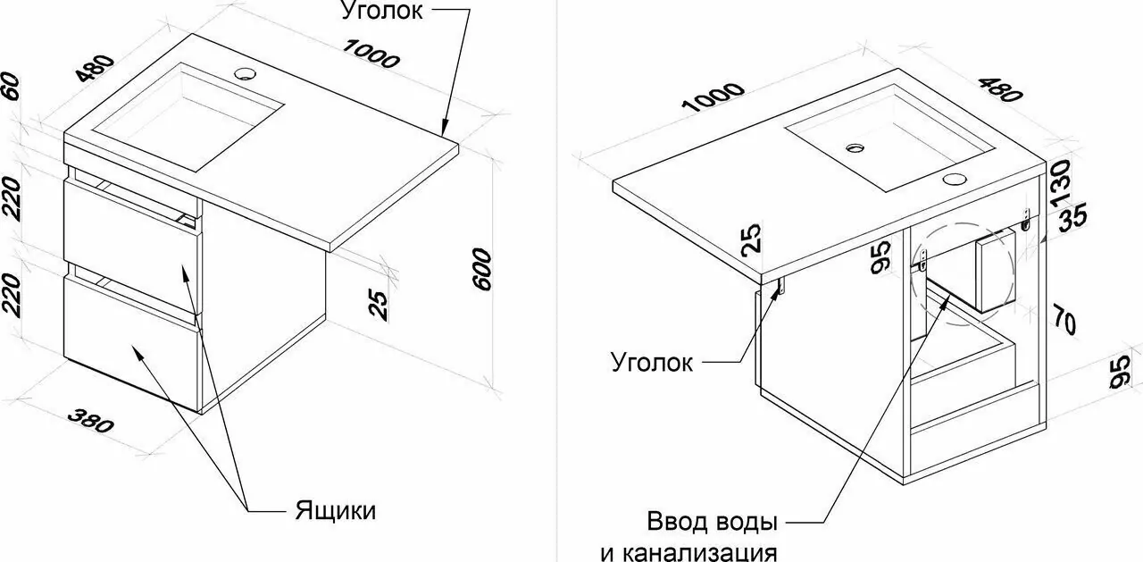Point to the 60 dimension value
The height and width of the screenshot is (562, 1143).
tap(12, 86)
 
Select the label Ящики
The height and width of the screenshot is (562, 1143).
tap(335, 511)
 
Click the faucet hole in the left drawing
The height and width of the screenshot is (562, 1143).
tap(244, 71)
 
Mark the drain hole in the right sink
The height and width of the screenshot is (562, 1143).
tap(855, 146)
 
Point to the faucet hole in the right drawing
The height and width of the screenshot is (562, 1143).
tap(955, 177)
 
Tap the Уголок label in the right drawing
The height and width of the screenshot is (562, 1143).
tap(652, 362)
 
